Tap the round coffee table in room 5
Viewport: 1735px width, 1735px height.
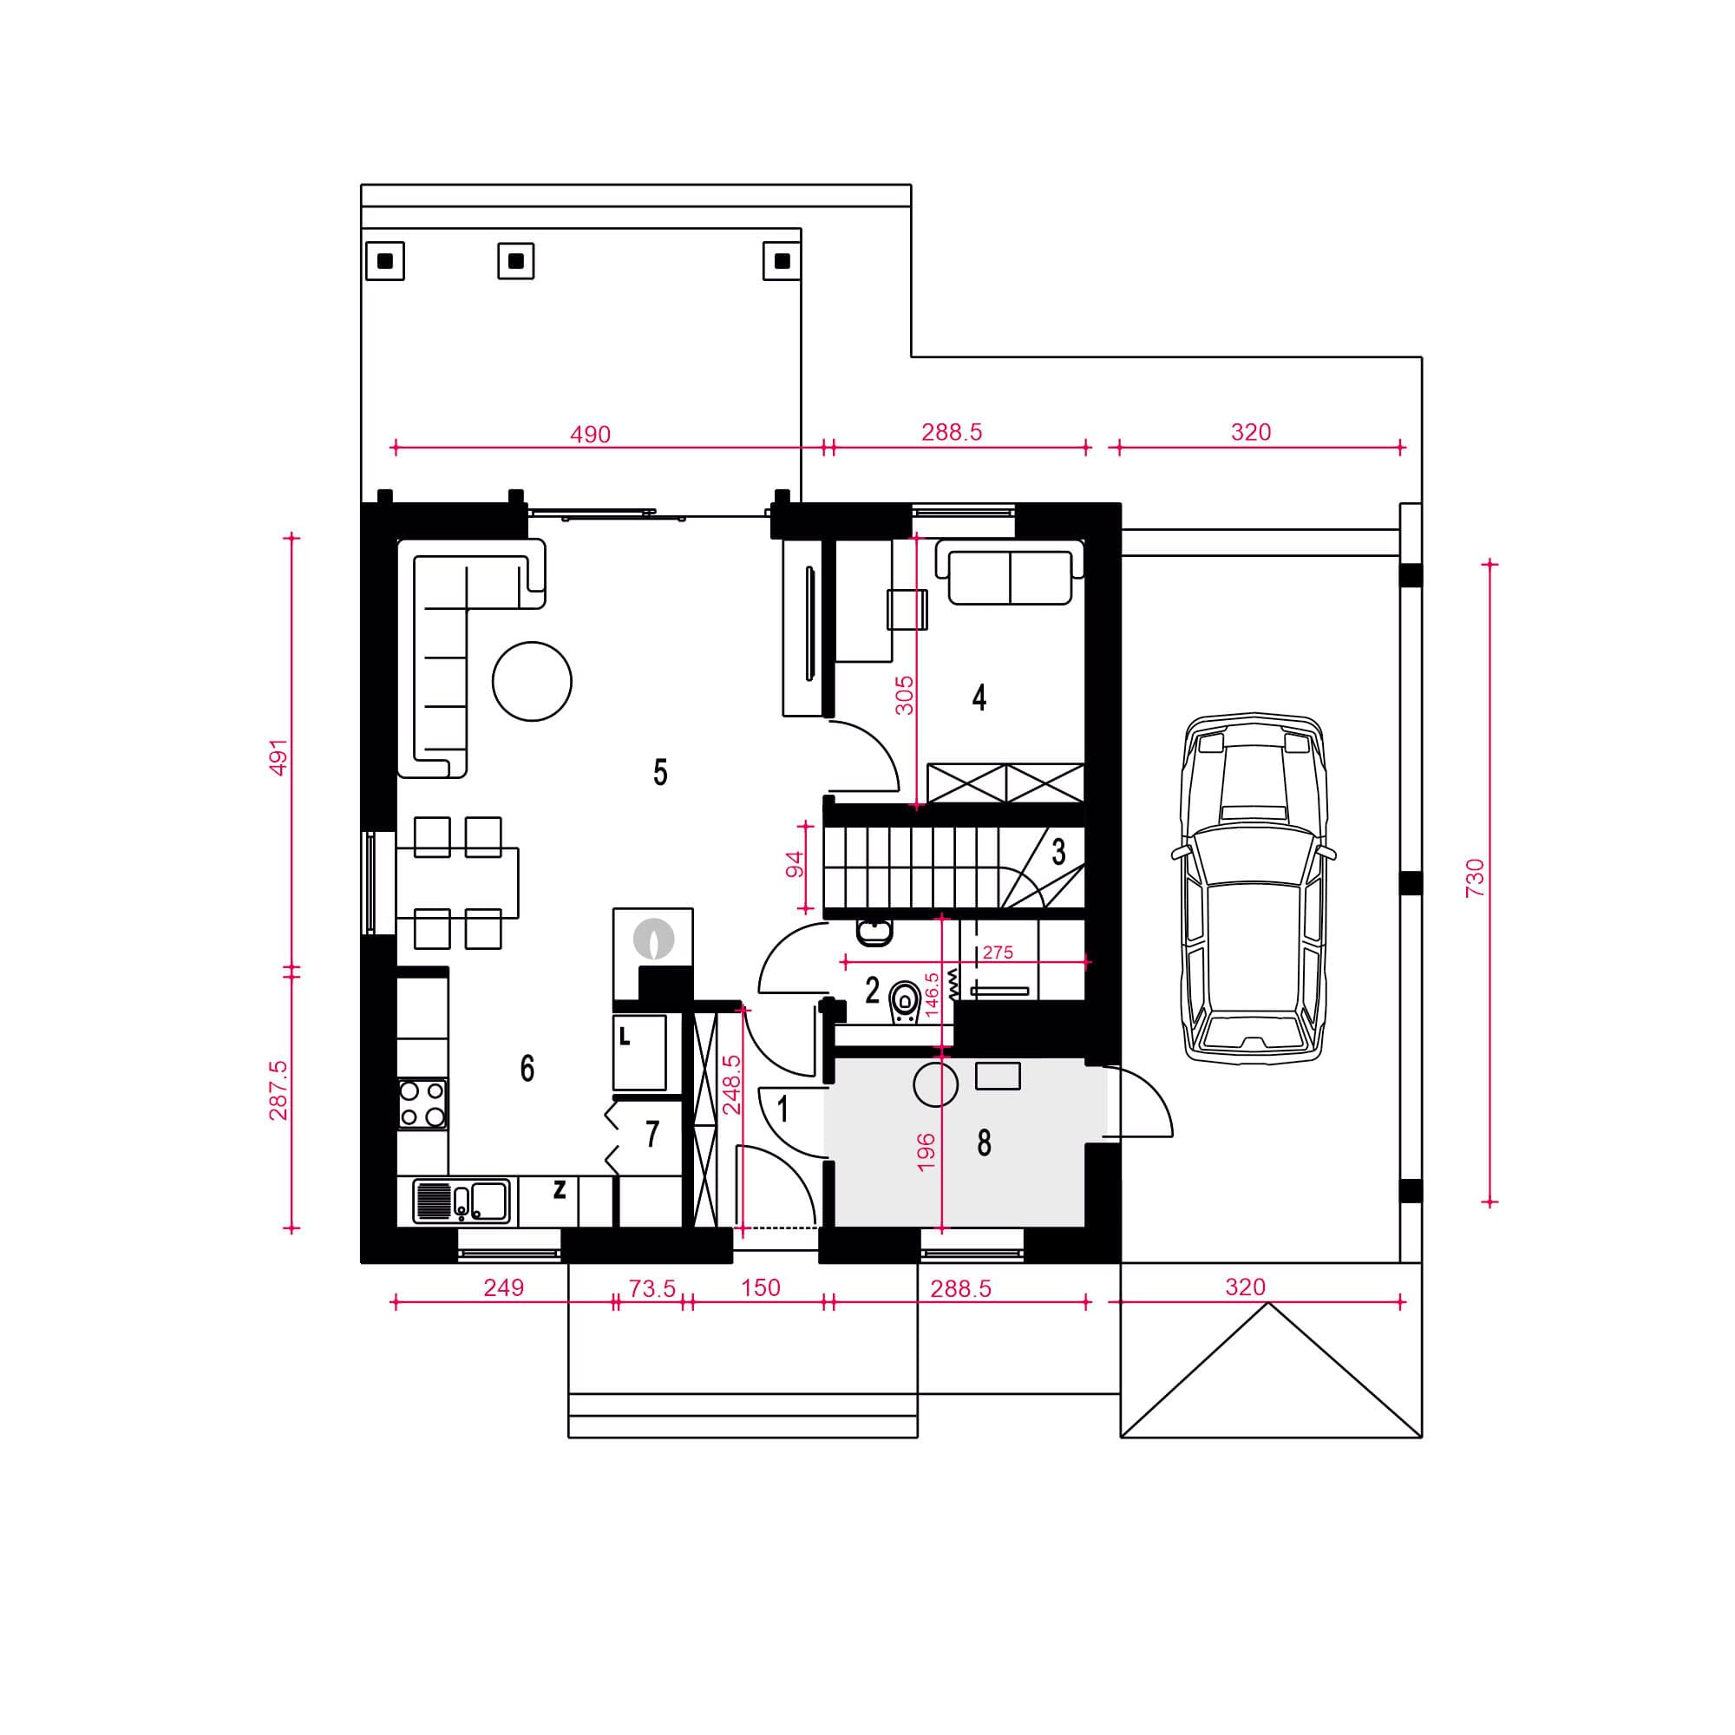click(x=532, y=682)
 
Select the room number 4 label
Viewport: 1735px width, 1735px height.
click(x=979, y=697)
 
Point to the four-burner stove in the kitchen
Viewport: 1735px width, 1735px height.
click(x=422, y=1103)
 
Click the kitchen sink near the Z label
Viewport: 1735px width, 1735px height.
click(x=462, y=1201)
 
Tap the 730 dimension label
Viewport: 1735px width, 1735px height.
click(x=1474, y=878)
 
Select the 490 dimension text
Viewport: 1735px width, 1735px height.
click(x=590, y=435)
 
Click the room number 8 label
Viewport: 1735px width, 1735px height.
click(x=985, y=1143)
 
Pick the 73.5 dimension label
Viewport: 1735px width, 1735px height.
click(x=652, y=1289)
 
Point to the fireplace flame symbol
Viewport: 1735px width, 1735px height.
click(x=653, y=939)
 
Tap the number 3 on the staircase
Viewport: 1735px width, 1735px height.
click(x=1058, y=851)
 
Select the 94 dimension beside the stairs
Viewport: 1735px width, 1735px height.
click(x=795, y=867)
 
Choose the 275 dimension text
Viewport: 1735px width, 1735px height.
click(x=998, y=953)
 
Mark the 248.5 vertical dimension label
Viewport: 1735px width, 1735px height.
click(x=732, y=1084)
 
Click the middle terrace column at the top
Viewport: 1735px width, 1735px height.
click(x=515, y=261)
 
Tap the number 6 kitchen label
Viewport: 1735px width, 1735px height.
click(x=527, y=1069)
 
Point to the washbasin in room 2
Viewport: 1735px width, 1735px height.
click(x=874, y=933)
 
